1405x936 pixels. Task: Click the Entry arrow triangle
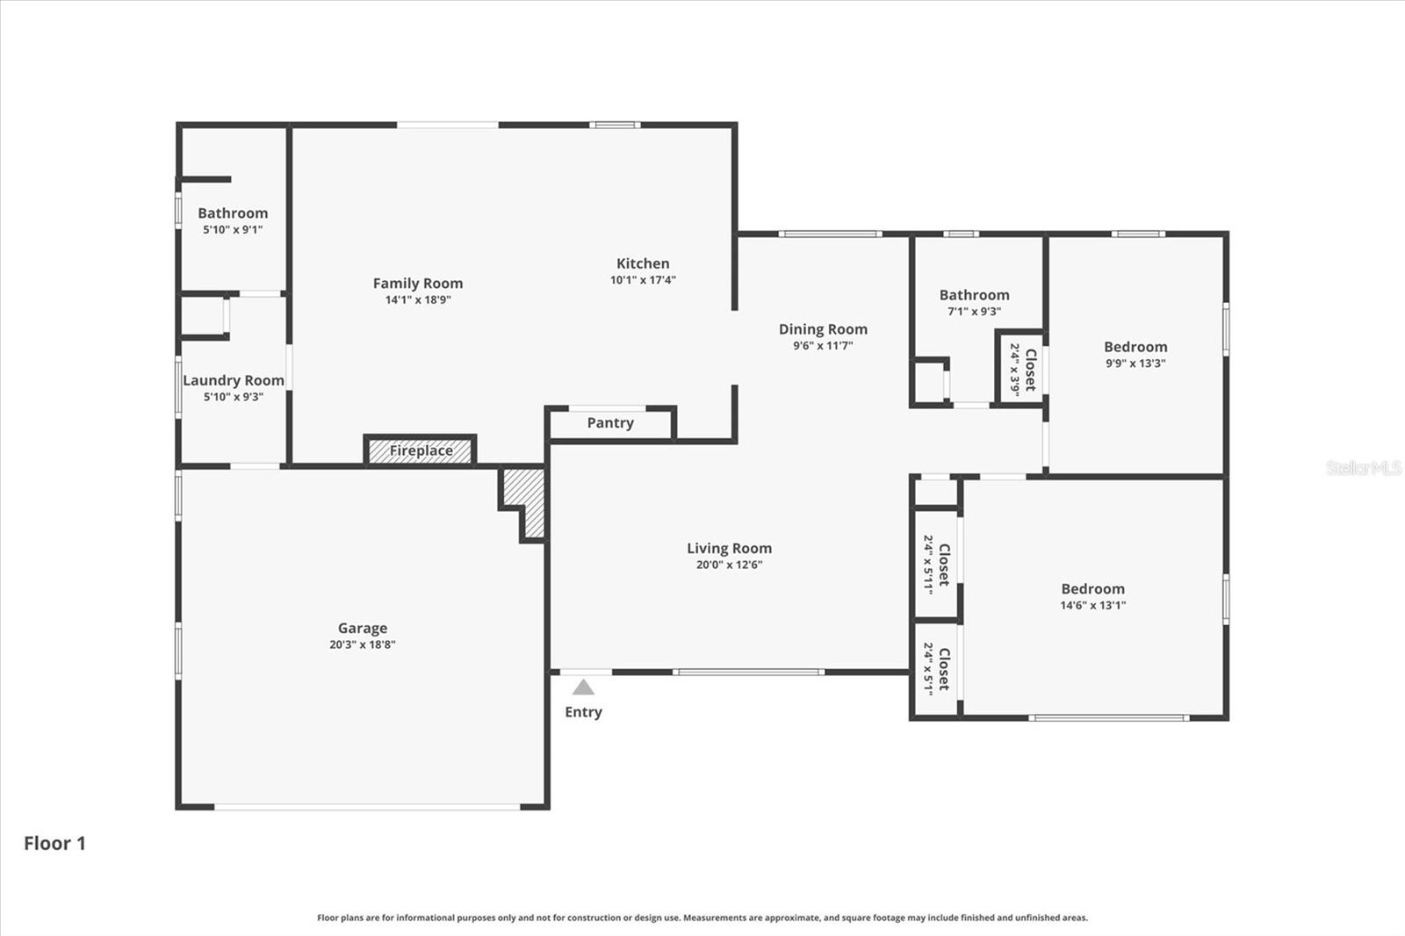[583, 687]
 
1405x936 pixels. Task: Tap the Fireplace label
[421, 450]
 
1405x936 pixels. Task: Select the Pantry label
[610, 423]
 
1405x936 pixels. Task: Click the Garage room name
[363, 628]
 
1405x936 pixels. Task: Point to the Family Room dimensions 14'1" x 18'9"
[418, 300]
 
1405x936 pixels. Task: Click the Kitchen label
[643, 263]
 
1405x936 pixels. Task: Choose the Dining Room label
[823, 329]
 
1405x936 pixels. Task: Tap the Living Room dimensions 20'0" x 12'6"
[729, 565]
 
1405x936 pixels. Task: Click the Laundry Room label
[234, 381]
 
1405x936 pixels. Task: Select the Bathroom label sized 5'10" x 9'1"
[233, 213]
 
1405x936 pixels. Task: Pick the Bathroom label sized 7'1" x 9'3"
[974, 295]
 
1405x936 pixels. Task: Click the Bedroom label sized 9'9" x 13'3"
[1135, 347]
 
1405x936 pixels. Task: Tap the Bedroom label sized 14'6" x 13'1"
[1092, 589]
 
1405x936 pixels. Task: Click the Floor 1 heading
[54, 843]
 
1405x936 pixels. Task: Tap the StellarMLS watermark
[1363, 467]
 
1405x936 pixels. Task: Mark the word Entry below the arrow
[583, 712]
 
